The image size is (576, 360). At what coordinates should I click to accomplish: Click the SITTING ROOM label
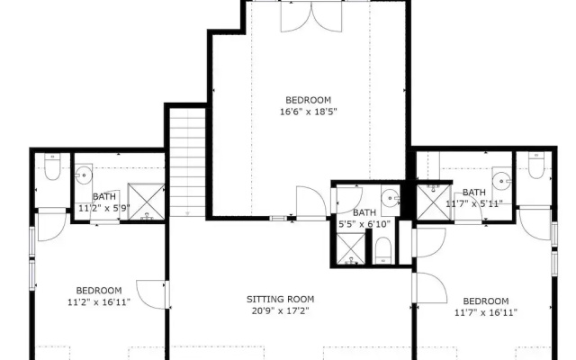coord(280,299)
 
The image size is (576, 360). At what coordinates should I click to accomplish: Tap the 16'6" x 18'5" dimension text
coord(309,112)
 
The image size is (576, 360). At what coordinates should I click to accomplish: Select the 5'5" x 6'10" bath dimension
coord(364,224)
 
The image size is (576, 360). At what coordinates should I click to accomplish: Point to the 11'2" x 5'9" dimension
coord(104,208)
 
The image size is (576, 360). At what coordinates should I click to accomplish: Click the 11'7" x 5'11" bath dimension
coord(474,203)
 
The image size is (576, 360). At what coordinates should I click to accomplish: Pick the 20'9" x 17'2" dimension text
coord(280,310)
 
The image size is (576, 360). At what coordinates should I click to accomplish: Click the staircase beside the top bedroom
coord(187,162)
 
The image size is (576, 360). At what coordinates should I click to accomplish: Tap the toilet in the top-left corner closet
coord(52,166)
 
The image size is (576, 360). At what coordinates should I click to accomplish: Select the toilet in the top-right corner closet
coord(536,165)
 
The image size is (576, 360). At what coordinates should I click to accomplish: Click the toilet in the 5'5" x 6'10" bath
coord(383,250)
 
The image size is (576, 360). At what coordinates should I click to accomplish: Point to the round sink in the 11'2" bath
coord(84,175)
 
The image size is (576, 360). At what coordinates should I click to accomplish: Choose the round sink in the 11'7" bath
coord(501,180)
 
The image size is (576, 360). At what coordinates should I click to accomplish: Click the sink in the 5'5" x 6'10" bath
coord(390,199)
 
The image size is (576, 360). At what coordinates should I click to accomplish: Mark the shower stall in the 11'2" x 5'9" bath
coord(146,202)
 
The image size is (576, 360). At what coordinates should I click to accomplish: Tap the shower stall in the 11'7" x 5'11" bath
coord(434,202)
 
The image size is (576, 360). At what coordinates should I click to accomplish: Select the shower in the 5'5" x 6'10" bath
coord(351,248)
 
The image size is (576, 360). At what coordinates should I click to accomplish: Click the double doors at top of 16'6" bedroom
coord(311,16)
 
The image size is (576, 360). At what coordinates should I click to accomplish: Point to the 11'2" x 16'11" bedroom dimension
coord(99,302)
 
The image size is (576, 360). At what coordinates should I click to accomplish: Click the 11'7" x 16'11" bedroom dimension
coord(486,312)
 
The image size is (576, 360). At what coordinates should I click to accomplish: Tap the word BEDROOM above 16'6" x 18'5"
coord(308,100)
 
